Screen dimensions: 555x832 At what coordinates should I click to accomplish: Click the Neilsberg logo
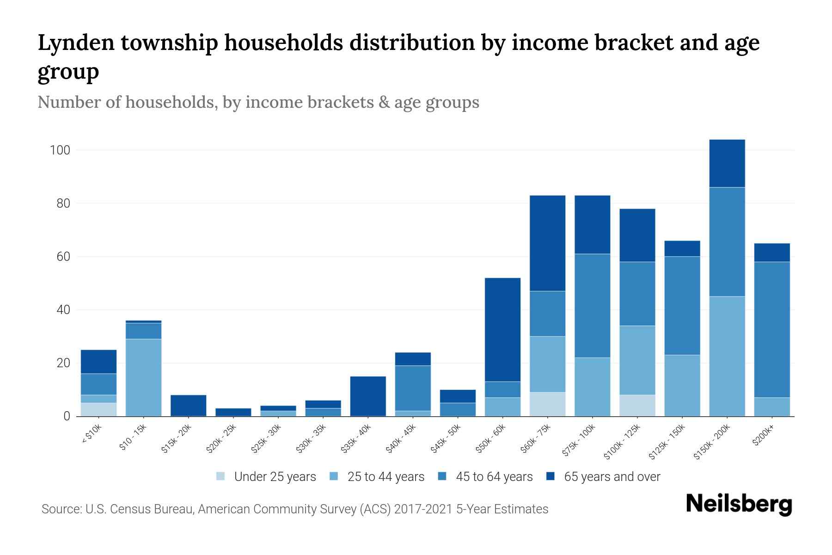(x=739, y=504)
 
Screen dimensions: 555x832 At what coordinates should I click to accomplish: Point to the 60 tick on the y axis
(x=63, y=257)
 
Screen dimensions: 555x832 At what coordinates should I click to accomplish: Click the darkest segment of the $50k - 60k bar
(x=502, y=329)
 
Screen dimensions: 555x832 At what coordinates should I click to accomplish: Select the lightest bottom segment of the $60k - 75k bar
(x=547, y=404)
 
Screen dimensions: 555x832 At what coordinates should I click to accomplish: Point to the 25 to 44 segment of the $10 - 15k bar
(x=143, y=377)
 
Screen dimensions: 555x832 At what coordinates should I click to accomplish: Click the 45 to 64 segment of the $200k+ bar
(x=772, y=329)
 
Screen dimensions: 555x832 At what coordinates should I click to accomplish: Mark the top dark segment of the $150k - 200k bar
(x=727, y=163)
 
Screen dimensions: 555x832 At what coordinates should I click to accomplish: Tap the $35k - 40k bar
(x=368, y=396)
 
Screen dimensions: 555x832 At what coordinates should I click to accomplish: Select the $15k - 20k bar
(x=188, y=405)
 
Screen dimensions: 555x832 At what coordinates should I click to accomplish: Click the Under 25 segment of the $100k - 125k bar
(x=637, y=405)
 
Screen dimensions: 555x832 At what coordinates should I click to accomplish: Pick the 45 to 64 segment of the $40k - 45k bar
(x=413, y=388)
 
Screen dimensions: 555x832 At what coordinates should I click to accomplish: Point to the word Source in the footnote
(x=60, y=509)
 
